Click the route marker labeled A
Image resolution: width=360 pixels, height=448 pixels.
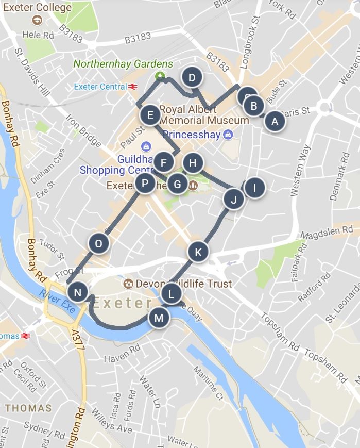(274, 122)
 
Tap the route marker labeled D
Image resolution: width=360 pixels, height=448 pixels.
(192, 78)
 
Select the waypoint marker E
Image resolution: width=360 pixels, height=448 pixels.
(150, 115)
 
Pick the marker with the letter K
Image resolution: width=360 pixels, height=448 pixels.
(198, 252)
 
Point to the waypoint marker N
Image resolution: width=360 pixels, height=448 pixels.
(77, 293)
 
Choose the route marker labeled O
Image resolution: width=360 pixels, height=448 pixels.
(98, 243)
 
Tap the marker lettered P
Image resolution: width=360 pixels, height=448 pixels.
(145, 183)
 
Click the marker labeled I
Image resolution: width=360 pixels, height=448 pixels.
(254, 188)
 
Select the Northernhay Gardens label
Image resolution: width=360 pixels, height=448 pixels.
(123, 64)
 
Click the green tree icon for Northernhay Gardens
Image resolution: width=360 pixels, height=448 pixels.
(161, 76)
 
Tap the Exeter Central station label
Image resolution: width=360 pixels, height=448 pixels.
(100, 87)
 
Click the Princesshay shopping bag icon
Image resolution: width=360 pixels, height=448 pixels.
(228, 135)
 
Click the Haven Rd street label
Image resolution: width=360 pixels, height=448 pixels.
(121, 356)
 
